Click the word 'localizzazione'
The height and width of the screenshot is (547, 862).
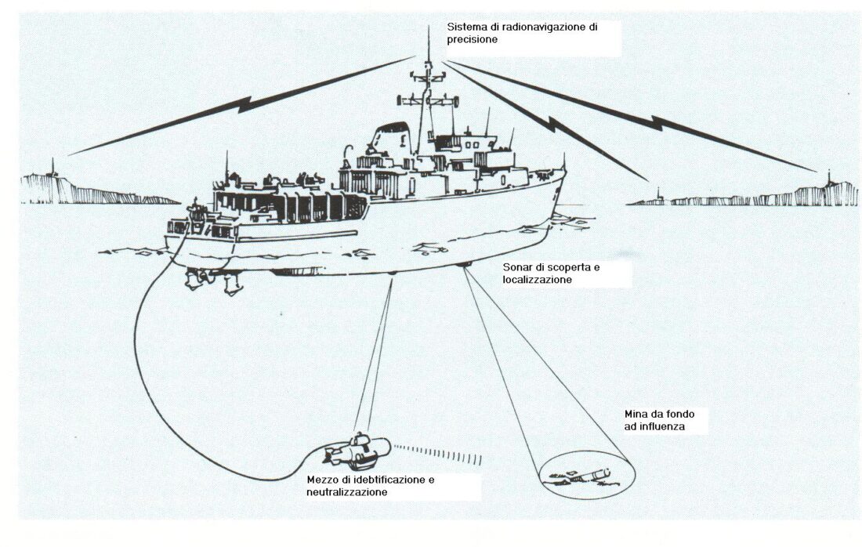coord(538,280)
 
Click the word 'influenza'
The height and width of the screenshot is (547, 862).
coord(662,426)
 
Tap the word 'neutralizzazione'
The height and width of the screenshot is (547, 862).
coord(347,492)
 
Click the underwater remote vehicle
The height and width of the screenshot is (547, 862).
coord(357,448)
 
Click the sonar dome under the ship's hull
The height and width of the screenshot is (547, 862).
coord(465,265)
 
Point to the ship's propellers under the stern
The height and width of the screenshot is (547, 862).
coord(214,281)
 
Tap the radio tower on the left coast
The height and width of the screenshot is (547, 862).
coord(53,168)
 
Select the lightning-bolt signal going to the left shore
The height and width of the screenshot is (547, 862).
coord(243,105)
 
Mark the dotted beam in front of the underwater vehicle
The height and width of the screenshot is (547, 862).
coord(438,454)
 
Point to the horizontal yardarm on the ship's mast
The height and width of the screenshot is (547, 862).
coord(428,100)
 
